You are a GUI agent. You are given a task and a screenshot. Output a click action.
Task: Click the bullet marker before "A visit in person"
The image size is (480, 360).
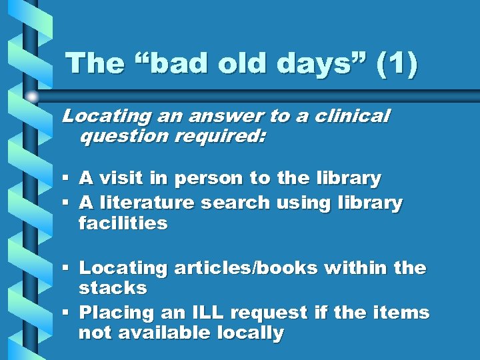click(65, 179)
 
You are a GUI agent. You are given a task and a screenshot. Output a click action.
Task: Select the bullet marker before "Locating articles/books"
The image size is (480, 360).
click(65, 268)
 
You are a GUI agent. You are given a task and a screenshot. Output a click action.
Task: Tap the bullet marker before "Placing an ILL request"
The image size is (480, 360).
click(65, 312)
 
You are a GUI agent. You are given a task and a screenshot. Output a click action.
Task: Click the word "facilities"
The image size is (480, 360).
click(123, 223)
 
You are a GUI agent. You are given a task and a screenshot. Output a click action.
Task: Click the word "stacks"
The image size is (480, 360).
click(112, 289)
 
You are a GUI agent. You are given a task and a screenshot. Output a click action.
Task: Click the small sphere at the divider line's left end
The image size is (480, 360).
click(32, 96)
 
